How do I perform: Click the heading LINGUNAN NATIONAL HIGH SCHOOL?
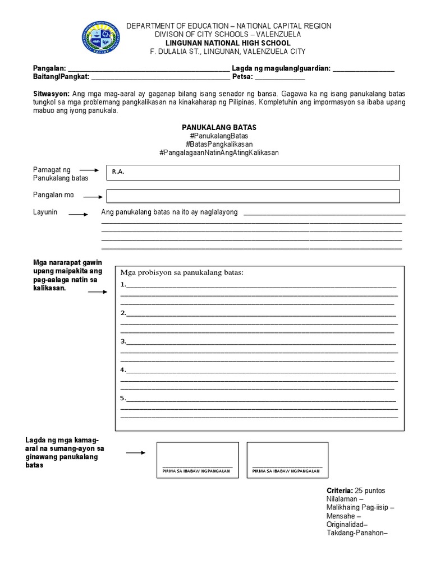click(228, 43)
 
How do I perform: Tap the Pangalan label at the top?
click(49, 68)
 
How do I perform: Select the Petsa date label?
click(244, 77)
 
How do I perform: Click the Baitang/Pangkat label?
click(61, 77)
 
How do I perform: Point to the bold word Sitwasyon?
click(51, 94)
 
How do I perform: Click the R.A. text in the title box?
click(118, 172)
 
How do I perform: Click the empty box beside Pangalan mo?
click(253, 196)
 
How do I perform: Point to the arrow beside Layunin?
click(78, 214)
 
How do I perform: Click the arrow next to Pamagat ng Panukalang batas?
click(89, 169)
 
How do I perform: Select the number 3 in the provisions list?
click(123, 341)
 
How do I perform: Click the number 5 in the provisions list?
click(123, 398)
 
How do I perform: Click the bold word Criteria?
click(340, 490)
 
